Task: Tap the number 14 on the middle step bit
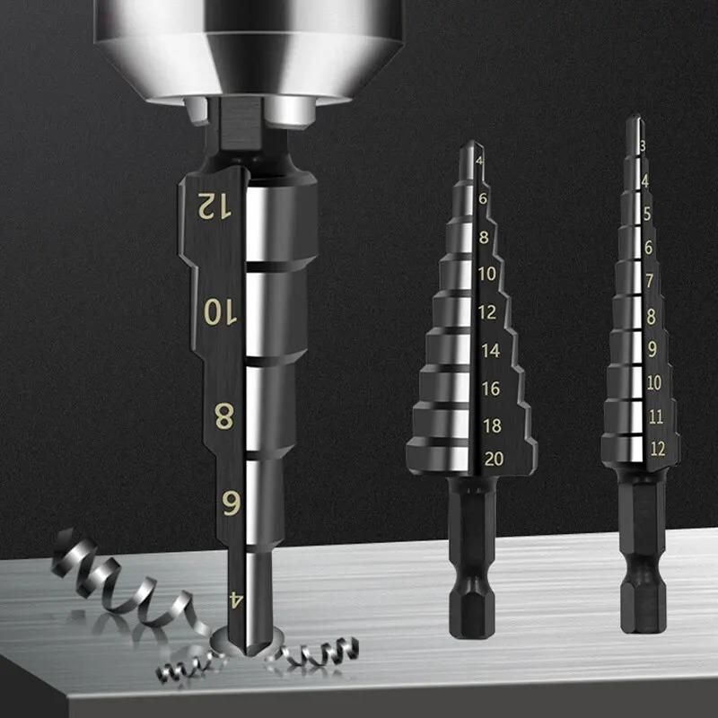(490, 351)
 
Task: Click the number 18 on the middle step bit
(491, 425)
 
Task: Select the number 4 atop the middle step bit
(480, 162)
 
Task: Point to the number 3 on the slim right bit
(642, 145)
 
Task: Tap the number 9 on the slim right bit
(652, 349)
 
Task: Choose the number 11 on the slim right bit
(654, 416)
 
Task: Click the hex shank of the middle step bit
(468, 574)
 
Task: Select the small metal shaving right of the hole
(314, 650)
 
